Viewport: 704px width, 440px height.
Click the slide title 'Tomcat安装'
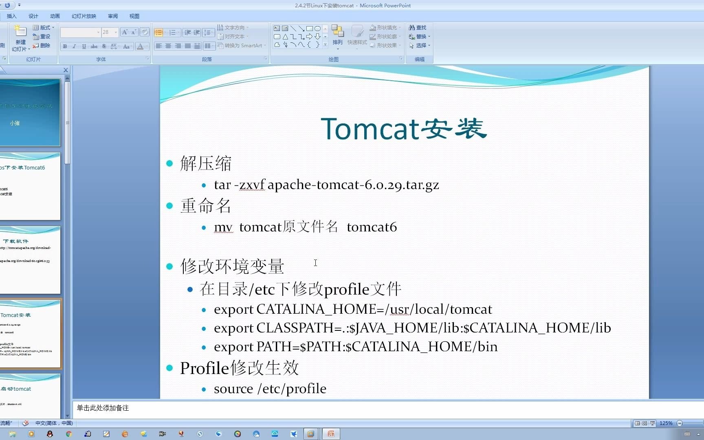(x=403, y=129)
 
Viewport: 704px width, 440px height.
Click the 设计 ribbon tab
(x=33, y=16)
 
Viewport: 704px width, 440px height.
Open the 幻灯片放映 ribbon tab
(x=84, y=16)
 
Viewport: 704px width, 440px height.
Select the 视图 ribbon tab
(x=134, y=16)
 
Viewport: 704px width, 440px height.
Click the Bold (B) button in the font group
(x=65, y=46)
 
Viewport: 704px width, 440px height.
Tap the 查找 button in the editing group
(x=418, y=28)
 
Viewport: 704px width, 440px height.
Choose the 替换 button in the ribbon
(x=419, y=37)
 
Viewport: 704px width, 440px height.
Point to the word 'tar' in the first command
(x=222, y=185)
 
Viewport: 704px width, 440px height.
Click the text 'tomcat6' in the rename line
(x=372, y=227)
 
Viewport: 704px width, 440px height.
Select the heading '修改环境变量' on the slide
(x=232, y=266)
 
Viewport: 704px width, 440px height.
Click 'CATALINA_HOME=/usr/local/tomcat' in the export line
(x=374, y=310)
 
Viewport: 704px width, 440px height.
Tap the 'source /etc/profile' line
(x=270, y=389)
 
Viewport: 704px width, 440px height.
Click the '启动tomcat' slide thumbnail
(x=30, y=395)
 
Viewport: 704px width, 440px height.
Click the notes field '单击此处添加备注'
(x=103, y=408)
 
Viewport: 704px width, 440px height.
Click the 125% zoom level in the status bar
(x=666, y=423)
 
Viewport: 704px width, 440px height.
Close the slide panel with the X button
(x=66, y=70)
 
